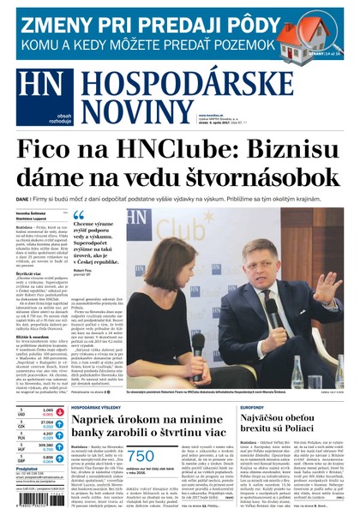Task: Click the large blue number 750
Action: [x=141, y=458]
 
